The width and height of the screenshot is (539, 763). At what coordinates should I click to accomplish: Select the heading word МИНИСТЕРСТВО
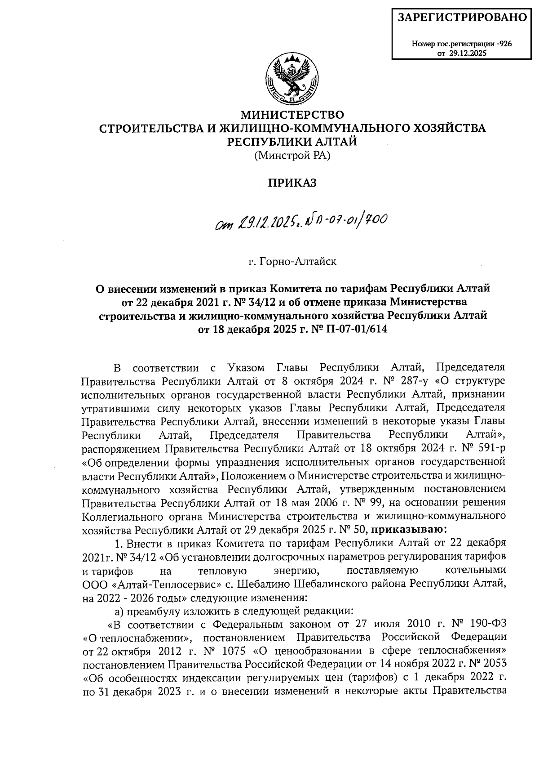(292, 114)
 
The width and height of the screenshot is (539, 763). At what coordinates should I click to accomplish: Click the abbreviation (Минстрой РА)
(292, 156)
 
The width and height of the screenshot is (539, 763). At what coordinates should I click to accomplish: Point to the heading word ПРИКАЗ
(292, 183)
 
